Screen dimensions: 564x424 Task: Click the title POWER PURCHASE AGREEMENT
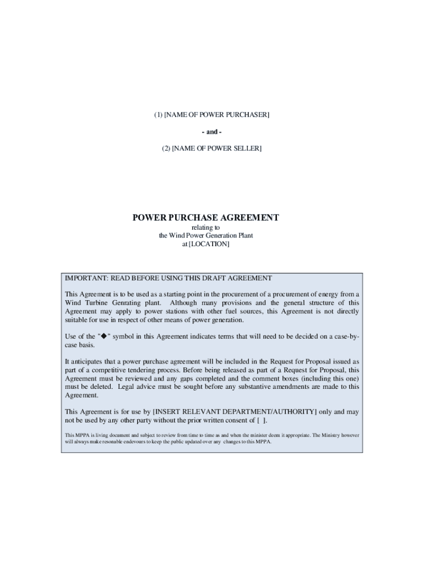[x=205, y=218]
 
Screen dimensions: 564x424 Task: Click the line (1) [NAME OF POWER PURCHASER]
[x=211, y=115]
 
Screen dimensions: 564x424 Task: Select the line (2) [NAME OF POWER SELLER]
[x=211, y=148]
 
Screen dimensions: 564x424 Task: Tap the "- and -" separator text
[x=211, y=132]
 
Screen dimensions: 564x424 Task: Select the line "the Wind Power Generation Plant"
[x=205, y=236]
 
